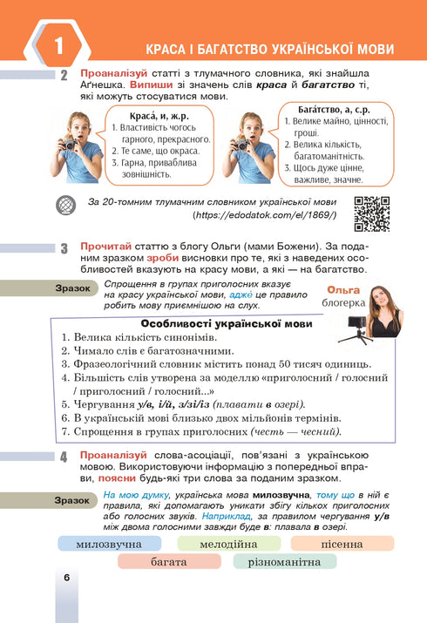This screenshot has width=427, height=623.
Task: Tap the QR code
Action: click(372, 213)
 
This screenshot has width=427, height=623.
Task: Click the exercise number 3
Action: click(64, 248)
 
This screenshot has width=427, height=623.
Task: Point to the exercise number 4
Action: click(64, 457)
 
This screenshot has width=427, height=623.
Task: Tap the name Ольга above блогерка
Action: click(342, 290)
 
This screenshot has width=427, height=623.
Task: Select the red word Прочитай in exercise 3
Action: click(105, 247)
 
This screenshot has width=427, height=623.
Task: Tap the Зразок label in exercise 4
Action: click(71, 500)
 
